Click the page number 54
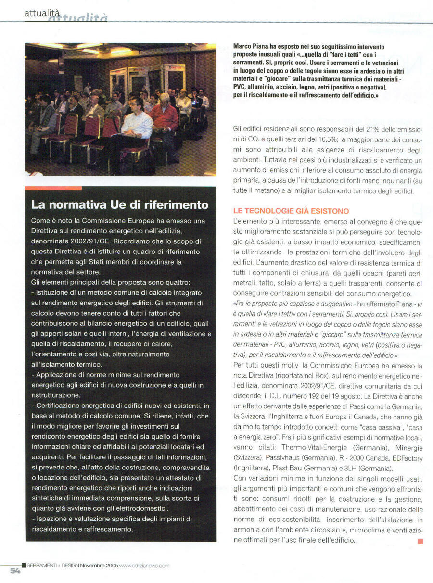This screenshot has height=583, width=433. tap(15, 570)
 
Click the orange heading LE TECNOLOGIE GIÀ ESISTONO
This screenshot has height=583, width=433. tap(291, 211)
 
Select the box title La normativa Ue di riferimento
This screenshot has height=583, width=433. tap(120, 204)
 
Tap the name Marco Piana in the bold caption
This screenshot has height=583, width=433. tap(250, 46)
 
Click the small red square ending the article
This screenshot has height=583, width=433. tap(420, 541)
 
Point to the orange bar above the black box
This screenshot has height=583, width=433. tap(53, 188)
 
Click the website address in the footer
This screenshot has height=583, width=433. tap(144, 565)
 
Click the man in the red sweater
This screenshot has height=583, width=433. tap(164, 118)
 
